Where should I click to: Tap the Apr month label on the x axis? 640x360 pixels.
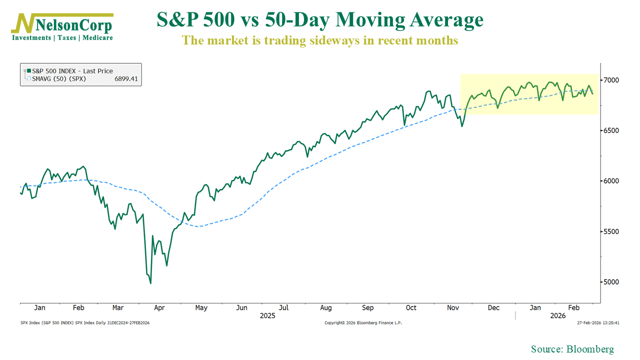160,308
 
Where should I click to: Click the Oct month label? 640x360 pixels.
410,308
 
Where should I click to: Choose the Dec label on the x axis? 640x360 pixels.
494,308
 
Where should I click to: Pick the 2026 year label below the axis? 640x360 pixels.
557,316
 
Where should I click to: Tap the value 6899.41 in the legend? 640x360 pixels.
125,79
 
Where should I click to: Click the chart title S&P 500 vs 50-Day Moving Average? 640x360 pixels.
320,20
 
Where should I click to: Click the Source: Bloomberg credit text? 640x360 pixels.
572,349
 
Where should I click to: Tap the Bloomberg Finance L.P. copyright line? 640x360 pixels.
363,323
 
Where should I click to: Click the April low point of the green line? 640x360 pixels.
150,283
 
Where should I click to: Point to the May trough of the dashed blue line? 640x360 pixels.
199,226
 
